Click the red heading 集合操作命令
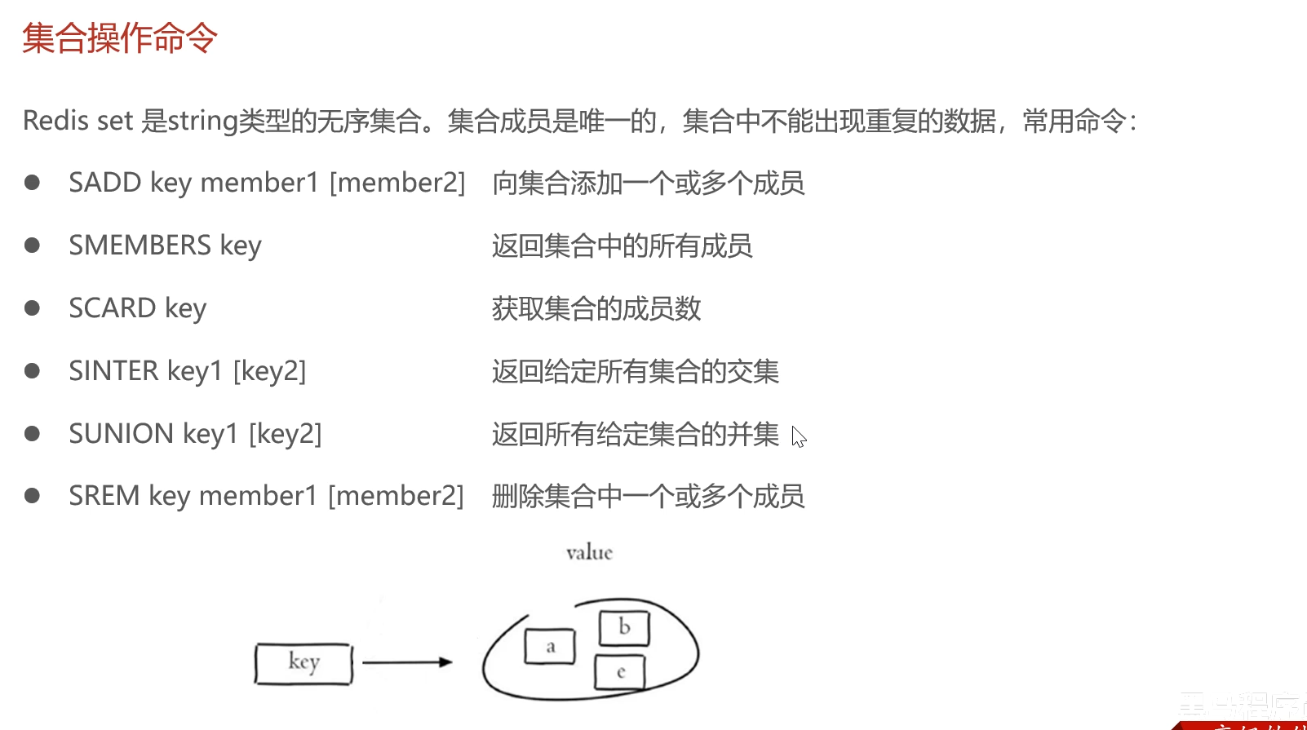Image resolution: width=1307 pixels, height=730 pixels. pos(120,38)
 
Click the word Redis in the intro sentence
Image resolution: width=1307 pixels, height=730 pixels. pos(55,121)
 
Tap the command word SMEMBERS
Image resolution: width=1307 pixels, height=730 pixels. pos(140,246)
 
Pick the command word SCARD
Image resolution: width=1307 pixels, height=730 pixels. pos(112,308)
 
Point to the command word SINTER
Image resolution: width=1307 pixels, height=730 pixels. pos(113,371)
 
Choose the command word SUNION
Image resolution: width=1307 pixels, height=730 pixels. pos(121,434)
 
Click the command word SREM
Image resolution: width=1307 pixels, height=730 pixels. pos(104,496)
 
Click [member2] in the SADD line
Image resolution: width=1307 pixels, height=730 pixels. pos(397,183)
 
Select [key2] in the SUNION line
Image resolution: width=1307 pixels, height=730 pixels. pos(285,434)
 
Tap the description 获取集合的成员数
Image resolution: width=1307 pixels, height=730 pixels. pos(596,308)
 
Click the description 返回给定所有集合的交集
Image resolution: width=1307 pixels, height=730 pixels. pos(636,371)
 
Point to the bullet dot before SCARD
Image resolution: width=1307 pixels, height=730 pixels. pos(33,307)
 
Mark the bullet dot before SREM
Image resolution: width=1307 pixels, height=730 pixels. pos(33,495)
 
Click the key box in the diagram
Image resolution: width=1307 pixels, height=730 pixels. pos(303,663)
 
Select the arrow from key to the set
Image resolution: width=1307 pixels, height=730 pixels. pos(406,662)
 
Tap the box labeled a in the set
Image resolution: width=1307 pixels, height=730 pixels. pos(550,647)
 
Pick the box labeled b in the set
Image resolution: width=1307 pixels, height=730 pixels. pos(624,628)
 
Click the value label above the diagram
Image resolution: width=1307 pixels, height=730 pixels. pos(589,553)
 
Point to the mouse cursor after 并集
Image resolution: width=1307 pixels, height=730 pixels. pos(799,437)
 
